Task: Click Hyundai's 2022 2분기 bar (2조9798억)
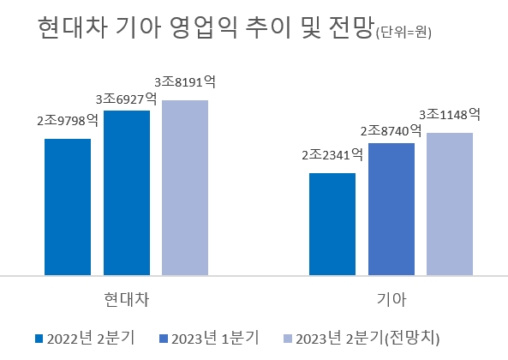click(x=68, y=207)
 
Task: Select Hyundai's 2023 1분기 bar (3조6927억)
click(x=126, y=193)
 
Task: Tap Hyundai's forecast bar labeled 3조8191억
click(x=184, y=188)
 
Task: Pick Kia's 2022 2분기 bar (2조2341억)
click(x=332, y=224)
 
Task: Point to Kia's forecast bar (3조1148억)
click(x=449, y=204)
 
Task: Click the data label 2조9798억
click(x=68, y=120)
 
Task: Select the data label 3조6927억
click(x=126, y=99)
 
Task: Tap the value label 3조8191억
click(x=184, y=82)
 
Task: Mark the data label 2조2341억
click(x=332, y=155)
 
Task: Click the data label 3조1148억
click(x=449, y=114)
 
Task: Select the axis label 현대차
click(x=126, y=300)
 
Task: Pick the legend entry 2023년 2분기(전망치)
click(x=367, y=337)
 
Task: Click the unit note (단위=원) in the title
click(x=403, y=34)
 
